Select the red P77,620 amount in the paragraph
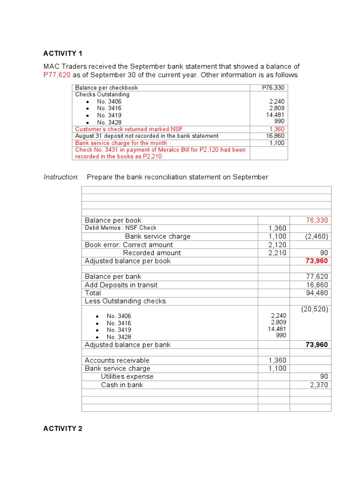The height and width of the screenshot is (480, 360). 57,75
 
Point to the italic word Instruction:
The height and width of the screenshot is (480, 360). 61,177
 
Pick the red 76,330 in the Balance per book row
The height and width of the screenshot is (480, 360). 317,220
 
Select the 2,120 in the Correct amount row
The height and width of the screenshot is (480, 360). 277,245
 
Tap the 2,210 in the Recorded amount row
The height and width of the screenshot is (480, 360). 277,253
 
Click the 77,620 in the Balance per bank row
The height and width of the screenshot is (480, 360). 317,277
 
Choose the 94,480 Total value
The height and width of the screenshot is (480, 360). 317,293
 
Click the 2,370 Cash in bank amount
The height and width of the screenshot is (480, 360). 319,385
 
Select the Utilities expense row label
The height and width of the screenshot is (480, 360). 127,376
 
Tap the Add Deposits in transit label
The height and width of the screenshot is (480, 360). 121,285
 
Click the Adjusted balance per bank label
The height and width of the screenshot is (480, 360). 127,345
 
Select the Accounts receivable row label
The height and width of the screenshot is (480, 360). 117,360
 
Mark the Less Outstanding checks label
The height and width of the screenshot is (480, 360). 125,301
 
